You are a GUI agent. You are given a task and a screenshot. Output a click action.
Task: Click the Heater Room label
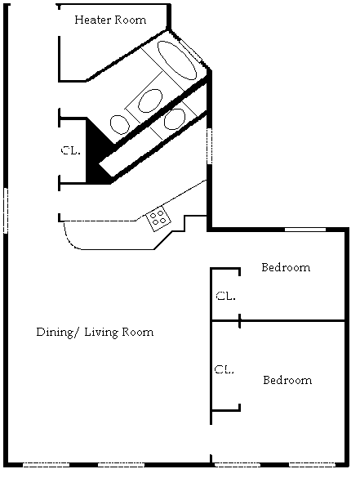click(x=110, y=20)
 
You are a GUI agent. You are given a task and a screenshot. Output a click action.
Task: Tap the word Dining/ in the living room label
click(x=55, y=332)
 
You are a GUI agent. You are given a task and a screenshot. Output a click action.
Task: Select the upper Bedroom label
click(x=286, y=267)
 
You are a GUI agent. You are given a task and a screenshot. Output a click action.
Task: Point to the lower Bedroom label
click(x=287, y=380)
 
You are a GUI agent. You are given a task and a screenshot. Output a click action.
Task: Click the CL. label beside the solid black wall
click(x=71, y=150)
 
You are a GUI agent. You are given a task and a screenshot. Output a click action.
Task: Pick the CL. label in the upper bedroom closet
click(x=225, y=296)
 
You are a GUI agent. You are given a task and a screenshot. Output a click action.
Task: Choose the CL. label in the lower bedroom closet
click(x=224, y=369)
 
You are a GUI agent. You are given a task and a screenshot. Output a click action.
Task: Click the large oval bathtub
click(x=177, y=60)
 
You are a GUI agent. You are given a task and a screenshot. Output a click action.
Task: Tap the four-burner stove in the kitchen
click(x=158, y=218)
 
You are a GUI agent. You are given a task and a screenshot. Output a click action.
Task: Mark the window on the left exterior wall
click(x=6, y=210)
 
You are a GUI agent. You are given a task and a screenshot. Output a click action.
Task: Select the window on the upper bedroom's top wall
click(x=305, y=230)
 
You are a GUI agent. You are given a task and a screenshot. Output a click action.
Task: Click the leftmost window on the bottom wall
click(x=47, y=465)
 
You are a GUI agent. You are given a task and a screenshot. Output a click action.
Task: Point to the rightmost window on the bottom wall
click(x=312, y=465)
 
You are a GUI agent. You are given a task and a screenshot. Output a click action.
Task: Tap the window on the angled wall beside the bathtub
click(x=190, y=50)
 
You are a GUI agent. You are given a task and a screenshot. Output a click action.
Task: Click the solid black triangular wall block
click(x=98, y=153)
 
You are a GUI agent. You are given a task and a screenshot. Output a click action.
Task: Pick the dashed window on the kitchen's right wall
click(x=209, y=146)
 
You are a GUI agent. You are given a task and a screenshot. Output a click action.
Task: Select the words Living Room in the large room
click(x=119, y=332)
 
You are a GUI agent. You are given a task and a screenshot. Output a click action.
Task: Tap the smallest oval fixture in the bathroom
click(x=119, y=124)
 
